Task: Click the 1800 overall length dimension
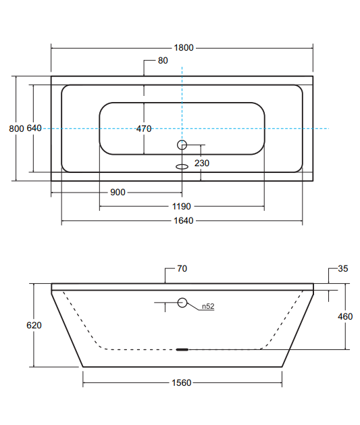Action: coord(184,48)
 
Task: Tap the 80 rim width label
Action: coord(163,60)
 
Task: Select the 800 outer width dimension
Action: coord(16,128)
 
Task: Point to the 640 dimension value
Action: coord(34,128)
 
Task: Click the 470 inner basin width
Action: coord(144,128)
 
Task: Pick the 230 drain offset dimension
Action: coord(202,163)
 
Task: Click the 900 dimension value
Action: coord(118,193)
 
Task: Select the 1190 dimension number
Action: coord(182,207)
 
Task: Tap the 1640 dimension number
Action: coord(184,221)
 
